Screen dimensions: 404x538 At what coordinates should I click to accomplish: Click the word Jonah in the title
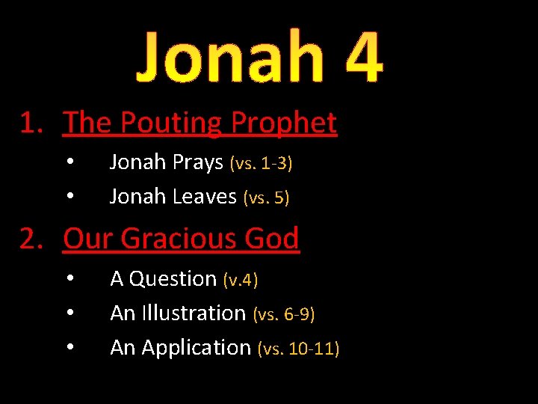pos(228,57)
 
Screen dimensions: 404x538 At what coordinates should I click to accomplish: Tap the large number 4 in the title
pos(356,57)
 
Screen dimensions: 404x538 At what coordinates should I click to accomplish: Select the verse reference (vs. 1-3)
pos(261,163)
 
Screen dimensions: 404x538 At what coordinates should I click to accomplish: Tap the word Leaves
pos(205,197)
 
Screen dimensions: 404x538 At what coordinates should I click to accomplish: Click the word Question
pos(173,279)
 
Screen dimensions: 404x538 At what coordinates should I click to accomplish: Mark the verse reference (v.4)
pos(241,280)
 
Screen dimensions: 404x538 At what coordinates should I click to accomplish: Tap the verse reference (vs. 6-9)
pos(284,313)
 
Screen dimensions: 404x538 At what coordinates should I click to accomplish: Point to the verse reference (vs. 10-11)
pos(298,348)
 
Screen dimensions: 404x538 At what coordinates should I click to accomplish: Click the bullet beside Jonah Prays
pos(69,162)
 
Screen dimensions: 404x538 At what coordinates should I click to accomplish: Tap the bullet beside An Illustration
pos(69,313)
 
